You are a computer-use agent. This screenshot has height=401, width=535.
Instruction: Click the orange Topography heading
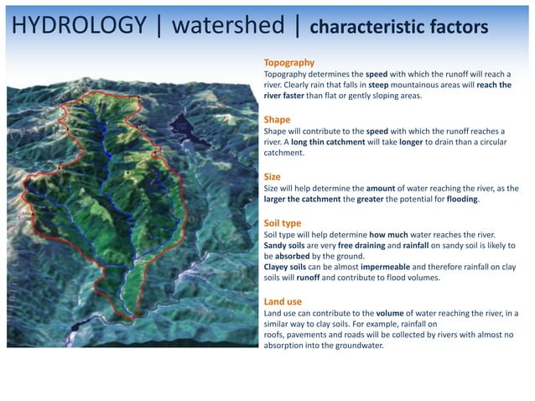tap(288, 63)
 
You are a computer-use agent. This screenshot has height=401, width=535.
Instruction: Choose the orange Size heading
tap(273, 176)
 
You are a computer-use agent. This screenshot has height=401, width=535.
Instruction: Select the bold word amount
tap(382, 189)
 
